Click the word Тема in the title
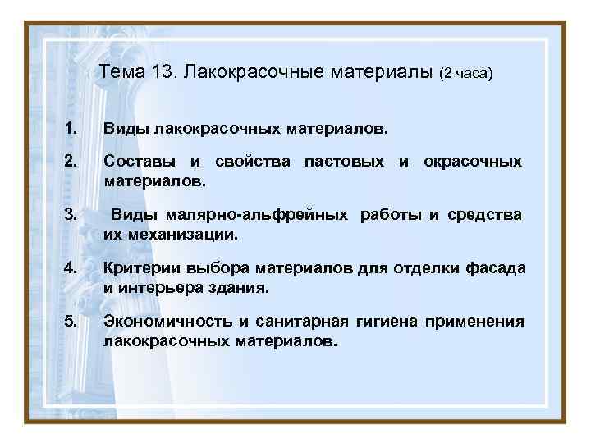click(x=122, y=74)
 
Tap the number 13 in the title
click(x=163, y=74)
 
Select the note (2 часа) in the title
click(x=465, y=75)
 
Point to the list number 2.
click(x=71, y=162)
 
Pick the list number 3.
click(x=71, y=215)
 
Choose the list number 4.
click(x=71, y=268)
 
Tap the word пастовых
click(x=343, y=162)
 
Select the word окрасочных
click(x=472, y=162)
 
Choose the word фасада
click(x=496, y=268)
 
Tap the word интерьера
click(x=158, y=288)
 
